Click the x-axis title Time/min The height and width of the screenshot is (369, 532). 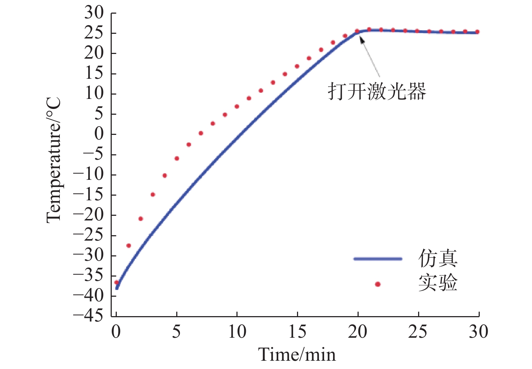297,355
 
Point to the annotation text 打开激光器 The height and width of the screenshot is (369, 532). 377,91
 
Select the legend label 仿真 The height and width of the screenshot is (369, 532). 438,259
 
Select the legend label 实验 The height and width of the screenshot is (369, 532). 438,283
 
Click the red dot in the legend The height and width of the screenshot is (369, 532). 378,284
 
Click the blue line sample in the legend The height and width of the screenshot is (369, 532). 378,259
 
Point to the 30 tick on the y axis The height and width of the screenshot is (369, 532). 94,13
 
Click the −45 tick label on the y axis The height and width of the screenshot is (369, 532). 88,316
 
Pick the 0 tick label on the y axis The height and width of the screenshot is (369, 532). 99,134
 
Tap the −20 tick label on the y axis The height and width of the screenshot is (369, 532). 88,215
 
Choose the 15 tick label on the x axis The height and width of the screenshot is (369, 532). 297,332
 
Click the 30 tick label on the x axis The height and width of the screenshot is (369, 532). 478,332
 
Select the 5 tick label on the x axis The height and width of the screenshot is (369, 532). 176,332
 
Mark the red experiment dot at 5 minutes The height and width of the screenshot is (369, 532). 177,158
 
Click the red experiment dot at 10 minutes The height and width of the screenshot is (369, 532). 237,106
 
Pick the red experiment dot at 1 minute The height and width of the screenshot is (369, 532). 129,246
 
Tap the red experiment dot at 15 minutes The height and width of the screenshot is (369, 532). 297,66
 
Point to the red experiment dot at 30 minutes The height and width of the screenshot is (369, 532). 478,32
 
